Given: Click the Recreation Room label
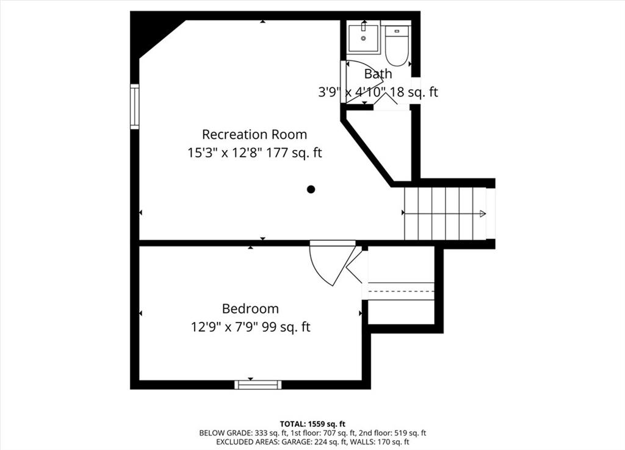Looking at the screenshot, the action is [x=255, y=135].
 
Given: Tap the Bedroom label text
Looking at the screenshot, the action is [x=250, y=309].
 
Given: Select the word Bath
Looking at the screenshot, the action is [x=378, y=74].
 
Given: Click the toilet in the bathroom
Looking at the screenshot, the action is [x=397, y=46].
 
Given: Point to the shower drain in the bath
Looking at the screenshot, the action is [x=363, y=38].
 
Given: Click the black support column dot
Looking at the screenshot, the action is [x=311, y=189].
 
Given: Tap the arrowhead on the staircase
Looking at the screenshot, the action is [x=483, y=213].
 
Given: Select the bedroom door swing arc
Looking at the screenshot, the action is [x=319, y=271].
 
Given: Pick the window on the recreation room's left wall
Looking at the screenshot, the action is [x=135, y=106].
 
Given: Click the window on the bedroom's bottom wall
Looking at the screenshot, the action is [x=258, y=385].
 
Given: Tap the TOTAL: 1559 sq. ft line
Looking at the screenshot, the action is [x=312, y=424].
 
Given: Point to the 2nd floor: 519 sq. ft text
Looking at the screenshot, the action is [x=392, y=433].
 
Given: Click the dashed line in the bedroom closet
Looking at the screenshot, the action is [x=401, y=291].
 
